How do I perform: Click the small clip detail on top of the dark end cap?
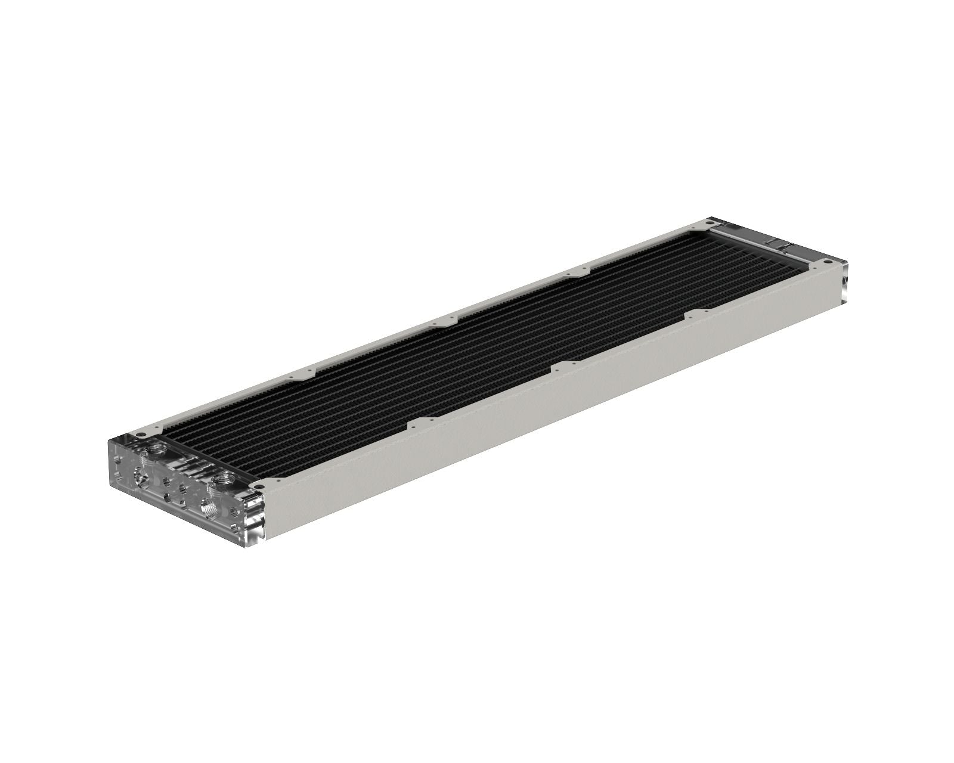pyautogui.click(x=784, y=244)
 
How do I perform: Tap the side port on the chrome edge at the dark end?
pyautogui.click(x=845, y=280)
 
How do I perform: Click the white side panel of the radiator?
pyautogui.click(x=537, y=417)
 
